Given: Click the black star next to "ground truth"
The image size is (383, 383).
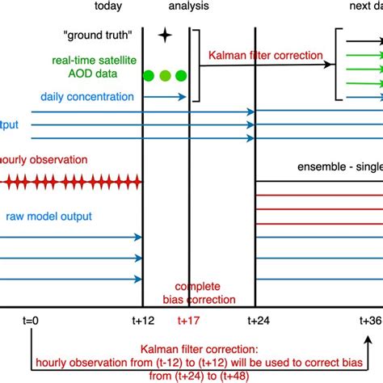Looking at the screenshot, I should click(x=165, y=57).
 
